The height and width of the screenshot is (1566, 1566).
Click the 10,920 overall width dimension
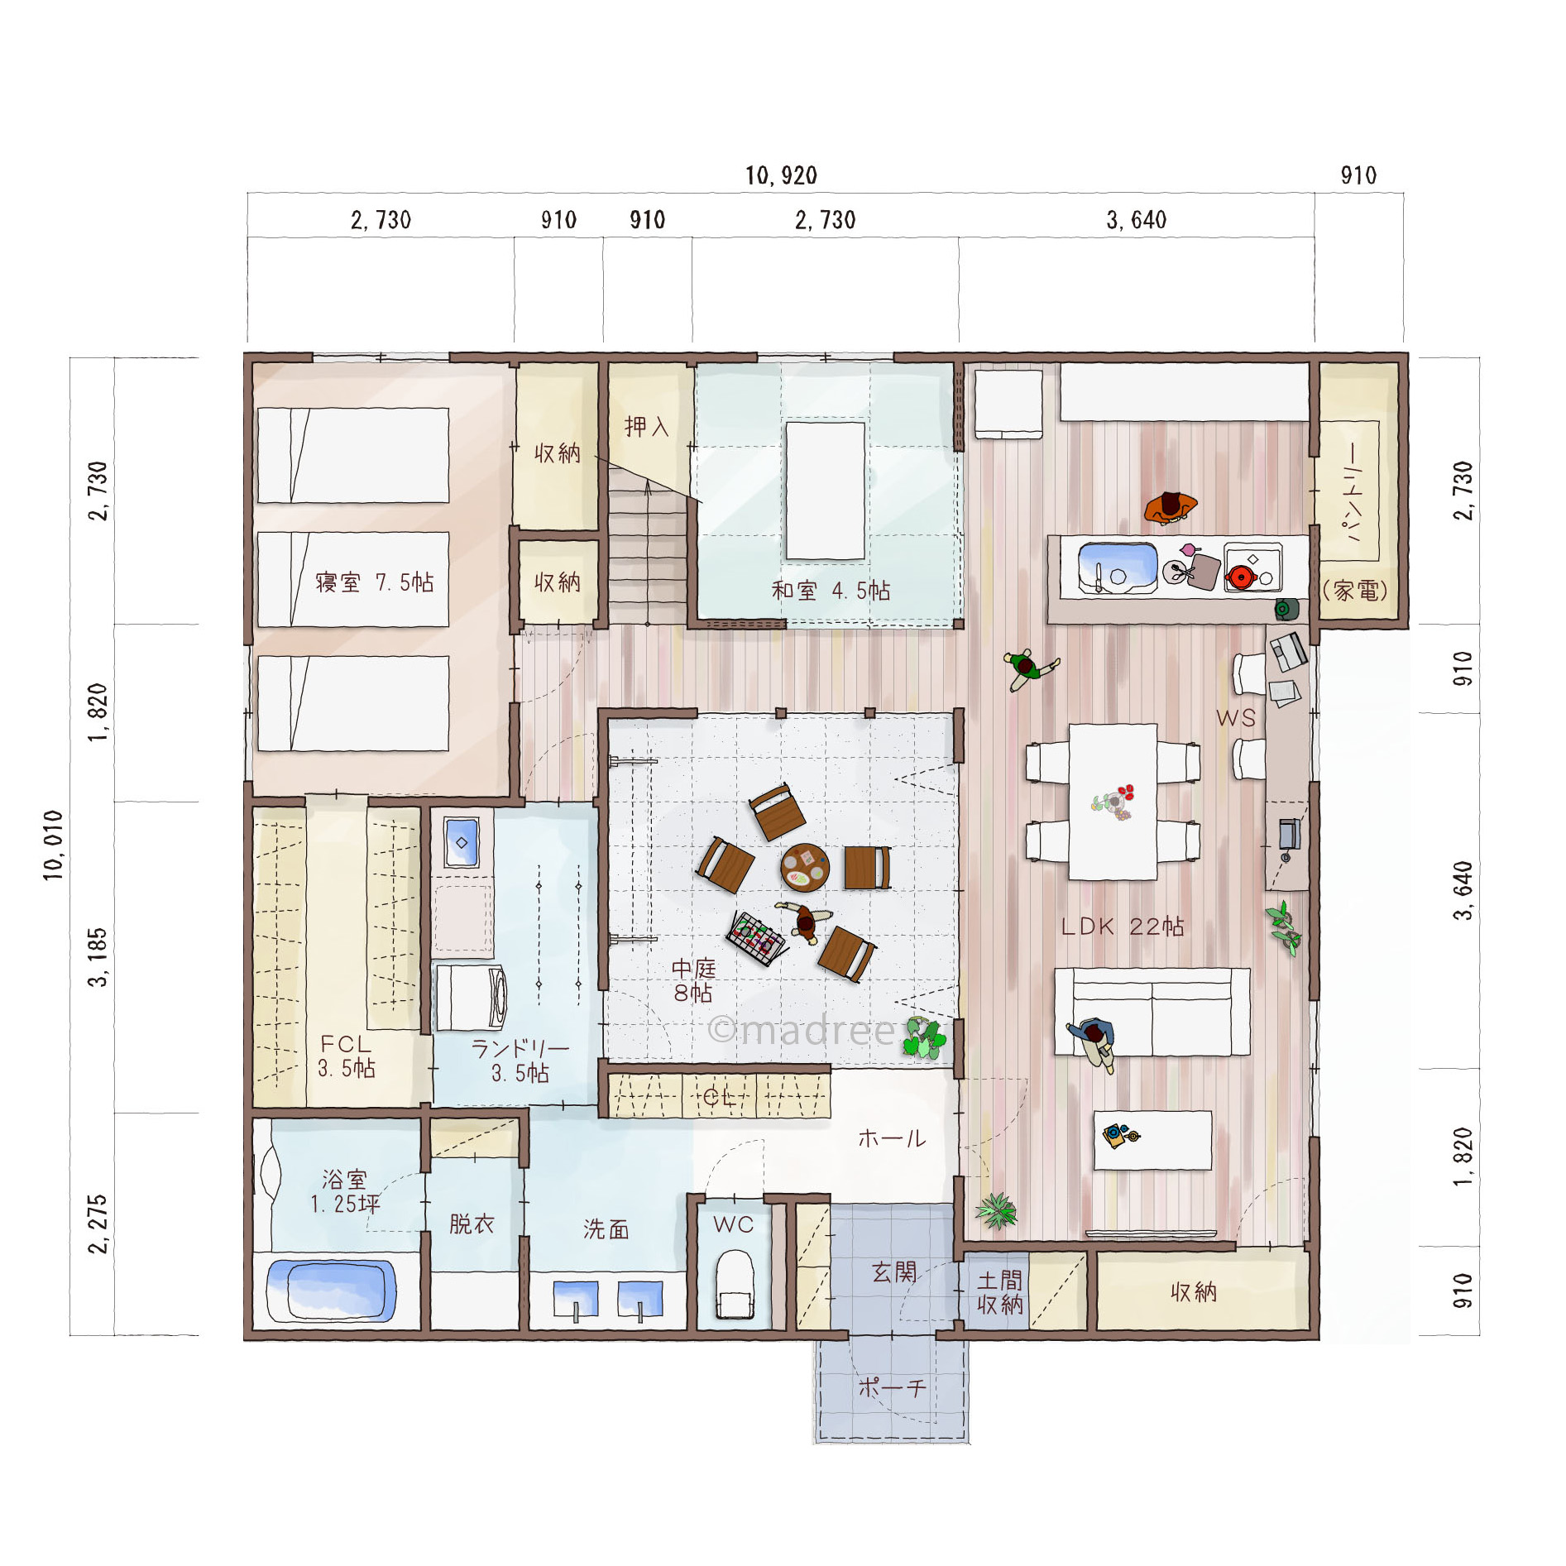(x=781, y=175)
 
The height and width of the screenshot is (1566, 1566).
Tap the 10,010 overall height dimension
(x=54, y=845)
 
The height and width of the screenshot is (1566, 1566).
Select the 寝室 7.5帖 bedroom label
(x=374, y=582)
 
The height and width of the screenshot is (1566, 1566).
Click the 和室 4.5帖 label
(x=831, y=591)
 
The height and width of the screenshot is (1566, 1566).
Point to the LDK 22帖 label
(x=1123, y=927)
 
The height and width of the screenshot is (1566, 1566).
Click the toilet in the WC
(x=734, y=1283)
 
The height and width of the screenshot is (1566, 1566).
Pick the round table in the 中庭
(x=805, y=868)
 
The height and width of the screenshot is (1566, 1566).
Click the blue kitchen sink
(x=1117, y=567)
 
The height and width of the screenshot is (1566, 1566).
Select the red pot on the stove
(x=1241, y=576)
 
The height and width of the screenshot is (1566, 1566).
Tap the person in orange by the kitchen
(x=1171, y=507)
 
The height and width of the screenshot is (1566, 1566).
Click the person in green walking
(x=1030, y=667)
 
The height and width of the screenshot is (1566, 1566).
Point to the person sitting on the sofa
(x=1094, y=1042)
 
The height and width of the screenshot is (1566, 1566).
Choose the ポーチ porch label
(x=891, y=1387)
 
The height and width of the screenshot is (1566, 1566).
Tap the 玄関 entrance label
(x=894, y=1271)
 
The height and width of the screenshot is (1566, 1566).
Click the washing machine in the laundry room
(x=470, y=998)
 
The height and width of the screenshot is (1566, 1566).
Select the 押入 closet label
(x=646, y=427)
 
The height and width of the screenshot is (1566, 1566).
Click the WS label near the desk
(x=1236, y=718)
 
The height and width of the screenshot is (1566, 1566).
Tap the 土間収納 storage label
(x=1000, y=1292)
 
